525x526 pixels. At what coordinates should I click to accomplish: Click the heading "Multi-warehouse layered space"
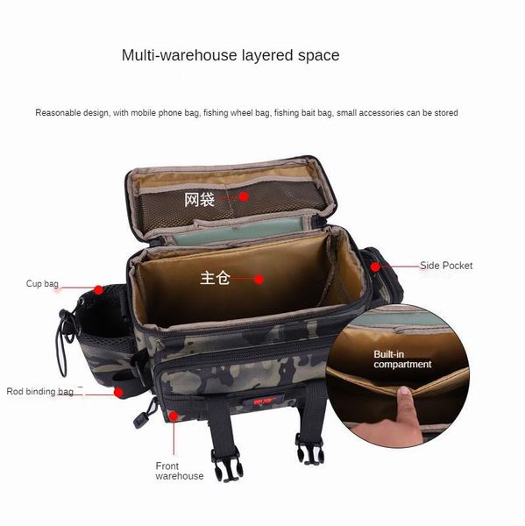click(x=231, y=55)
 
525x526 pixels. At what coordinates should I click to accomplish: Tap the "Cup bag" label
click(x=42, y=284)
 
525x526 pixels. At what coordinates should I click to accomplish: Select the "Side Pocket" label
click(x=446, y=266)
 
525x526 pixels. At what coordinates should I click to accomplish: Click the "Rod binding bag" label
click(x=40, y=392)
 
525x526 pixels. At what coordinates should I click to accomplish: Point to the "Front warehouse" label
click(x=180, y=471)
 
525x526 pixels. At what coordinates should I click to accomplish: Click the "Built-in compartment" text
click(x=402, y=359)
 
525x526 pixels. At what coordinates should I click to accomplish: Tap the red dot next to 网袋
click(x=244, y=197)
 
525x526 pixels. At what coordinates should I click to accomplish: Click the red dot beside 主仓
click(x=259, y=279)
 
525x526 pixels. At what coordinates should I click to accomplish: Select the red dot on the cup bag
click(x=98, y=290)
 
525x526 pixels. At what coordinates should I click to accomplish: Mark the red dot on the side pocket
click(x=375, y=267)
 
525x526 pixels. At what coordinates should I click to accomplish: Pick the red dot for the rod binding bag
click(x=118, y=393)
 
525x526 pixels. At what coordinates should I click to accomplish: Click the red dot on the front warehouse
click(x=174, y=416)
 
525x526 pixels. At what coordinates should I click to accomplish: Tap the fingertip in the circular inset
click(x=405, y=391)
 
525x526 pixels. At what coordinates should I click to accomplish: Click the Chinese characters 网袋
click(x=199, y=200)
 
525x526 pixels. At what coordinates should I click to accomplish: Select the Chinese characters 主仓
click(x=215, y=278)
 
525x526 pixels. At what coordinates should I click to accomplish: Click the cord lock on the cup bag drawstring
click(x=63, y=315)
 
